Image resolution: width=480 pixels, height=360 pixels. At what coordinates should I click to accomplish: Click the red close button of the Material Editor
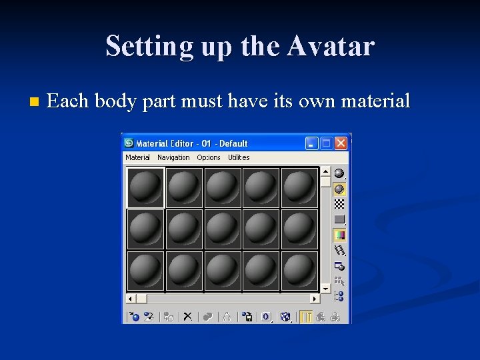pyautogui.click(x=341, y=143)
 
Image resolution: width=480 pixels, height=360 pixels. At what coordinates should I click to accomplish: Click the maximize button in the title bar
pyautogui.click(x=326, y=143)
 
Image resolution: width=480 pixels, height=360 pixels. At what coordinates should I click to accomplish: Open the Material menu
pyautogui.click(x=137, y=157)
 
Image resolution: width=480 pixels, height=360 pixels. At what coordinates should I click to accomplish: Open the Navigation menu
pyautogui.click(x=173, y=157)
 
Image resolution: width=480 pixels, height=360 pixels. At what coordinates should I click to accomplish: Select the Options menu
pyautogui.click(x=208, y=157)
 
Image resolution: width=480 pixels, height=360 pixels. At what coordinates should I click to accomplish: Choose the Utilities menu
pyautogui.click(x=239, y=157)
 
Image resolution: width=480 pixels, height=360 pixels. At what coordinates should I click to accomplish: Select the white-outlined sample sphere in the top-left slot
pyautogui.click(x=145, y=187)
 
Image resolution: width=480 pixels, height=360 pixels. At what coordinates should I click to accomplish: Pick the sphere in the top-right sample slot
pyautogui.click(x=299, y=187)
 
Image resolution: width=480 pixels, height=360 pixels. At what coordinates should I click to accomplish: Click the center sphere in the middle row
pyautogui.click(x=223, y=229)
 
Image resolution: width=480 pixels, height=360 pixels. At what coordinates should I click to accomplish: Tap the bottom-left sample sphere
pyautogui.click(x=145, y=271)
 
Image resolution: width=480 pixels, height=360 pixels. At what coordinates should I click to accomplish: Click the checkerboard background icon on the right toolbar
pyautogui.click(x=339, y=204)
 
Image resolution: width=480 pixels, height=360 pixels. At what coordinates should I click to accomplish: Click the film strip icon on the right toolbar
pyautogui.click(x=339, y=251)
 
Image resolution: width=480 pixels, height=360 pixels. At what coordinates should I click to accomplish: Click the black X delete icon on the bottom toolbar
pyautogui.click(x=188, y=317)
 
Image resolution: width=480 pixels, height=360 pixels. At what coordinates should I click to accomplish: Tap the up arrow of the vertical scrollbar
pyautogui.click(x=325, y=171)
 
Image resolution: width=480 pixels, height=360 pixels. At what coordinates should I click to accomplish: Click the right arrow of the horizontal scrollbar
pyautogui.click(x=316, y=299)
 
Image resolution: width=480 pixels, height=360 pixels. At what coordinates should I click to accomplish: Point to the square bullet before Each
pyautogui.click(x=35, y=103)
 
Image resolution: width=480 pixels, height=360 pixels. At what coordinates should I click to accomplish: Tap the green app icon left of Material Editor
pyautogui.click(x=129, y=143)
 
